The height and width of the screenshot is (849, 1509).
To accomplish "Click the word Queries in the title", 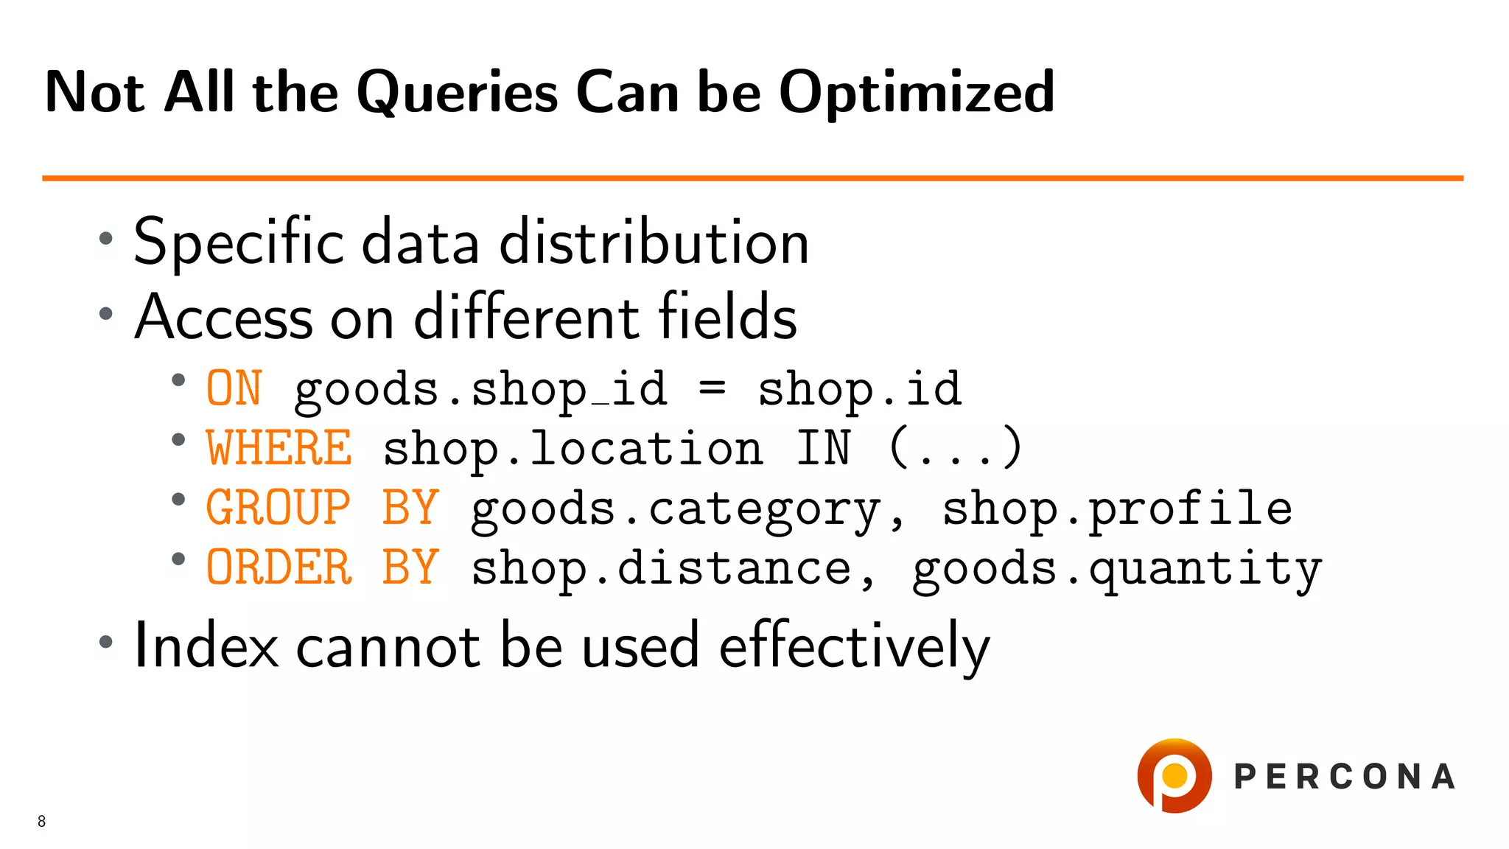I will (x=457, y=93).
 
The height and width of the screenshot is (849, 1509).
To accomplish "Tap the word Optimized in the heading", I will (x=917, y=93).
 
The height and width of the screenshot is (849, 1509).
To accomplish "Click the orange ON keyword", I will (x=234, y=388).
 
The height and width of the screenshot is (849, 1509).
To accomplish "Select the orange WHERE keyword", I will (x=279, y=448).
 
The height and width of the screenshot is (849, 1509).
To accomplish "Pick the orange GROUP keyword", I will (x=278, y=508).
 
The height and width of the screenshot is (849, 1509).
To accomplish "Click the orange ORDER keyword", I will (x=279, y=567).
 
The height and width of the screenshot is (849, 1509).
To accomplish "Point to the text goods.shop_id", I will (x=480, y=390).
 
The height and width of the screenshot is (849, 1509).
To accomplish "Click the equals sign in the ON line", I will (x=712, y=387).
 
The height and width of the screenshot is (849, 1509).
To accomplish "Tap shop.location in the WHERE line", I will (x=573, y=449).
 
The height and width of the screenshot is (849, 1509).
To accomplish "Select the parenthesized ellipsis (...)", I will (x=955, y=448).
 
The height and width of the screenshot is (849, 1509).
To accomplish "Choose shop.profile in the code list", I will (x=1117, y=509).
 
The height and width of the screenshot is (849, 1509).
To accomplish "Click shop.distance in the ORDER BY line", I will (x=661, y=568).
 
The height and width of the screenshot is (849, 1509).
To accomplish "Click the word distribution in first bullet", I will (x=654, y=242).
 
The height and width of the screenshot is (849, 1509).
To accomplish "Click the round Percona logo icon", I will (x=1174, y=775).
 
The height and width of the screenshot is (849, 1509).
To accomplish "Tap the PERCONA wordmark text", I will (x=1344, y=777).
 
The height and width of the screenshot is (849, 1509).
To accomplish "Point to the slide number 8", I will (x=42, y=821).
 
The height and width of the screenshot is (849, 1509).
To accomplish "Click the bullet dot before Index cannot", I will (x=106, y=642).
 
